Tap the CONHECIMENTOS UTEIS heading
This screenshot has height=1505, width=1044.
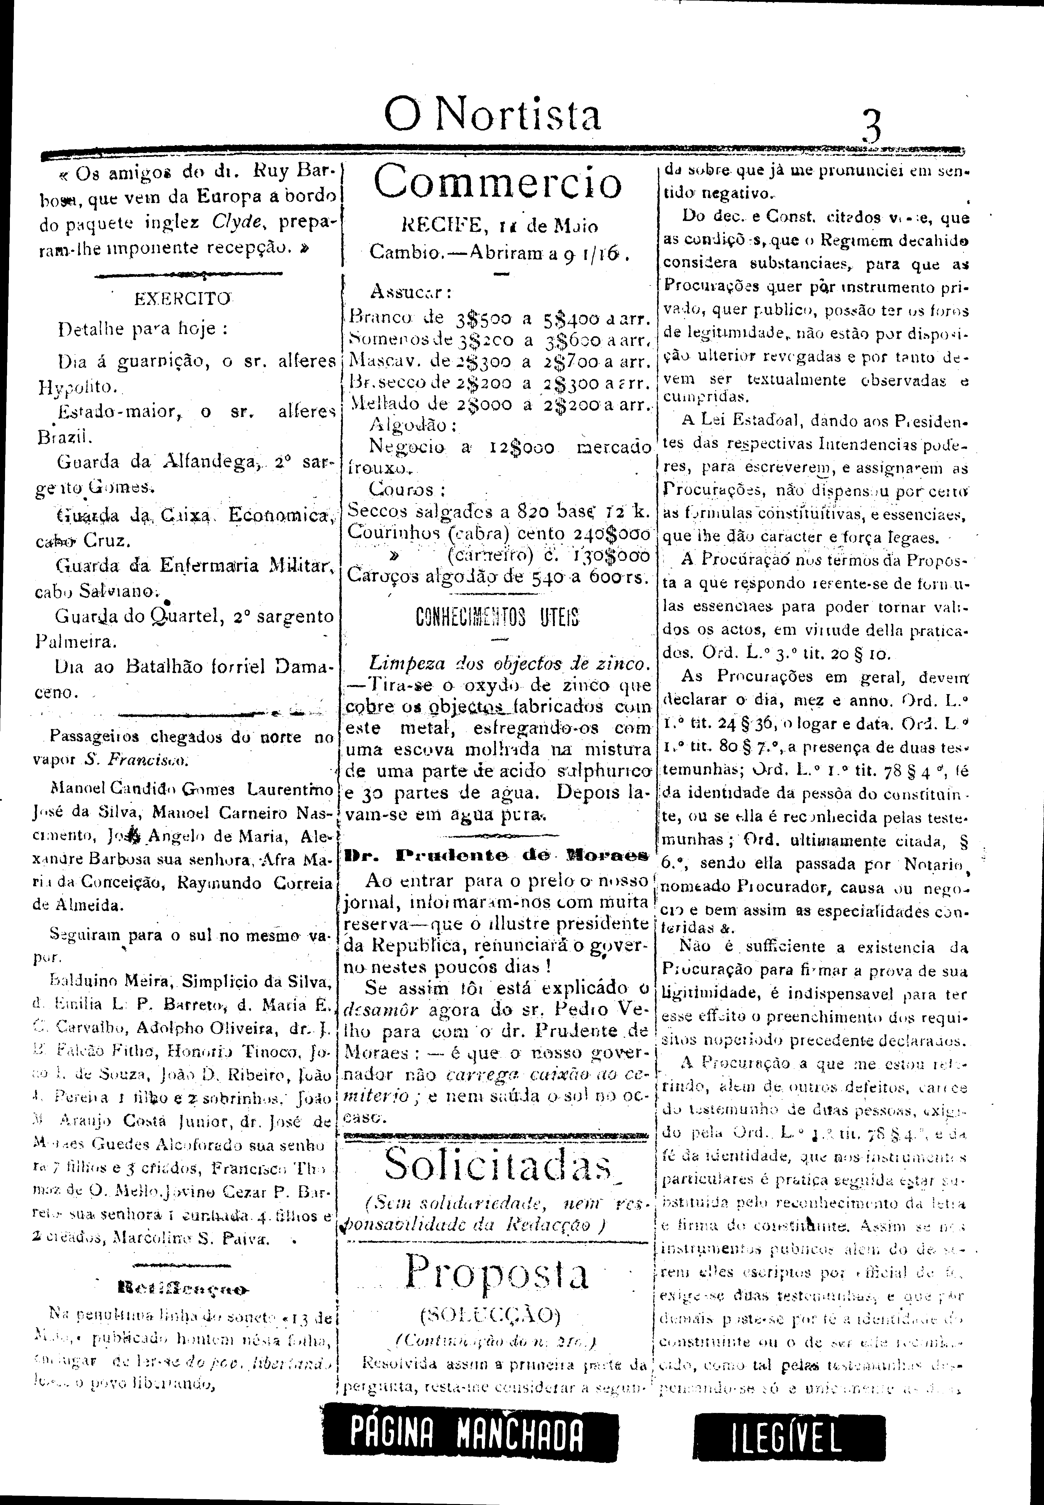(x=497, y=617)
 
